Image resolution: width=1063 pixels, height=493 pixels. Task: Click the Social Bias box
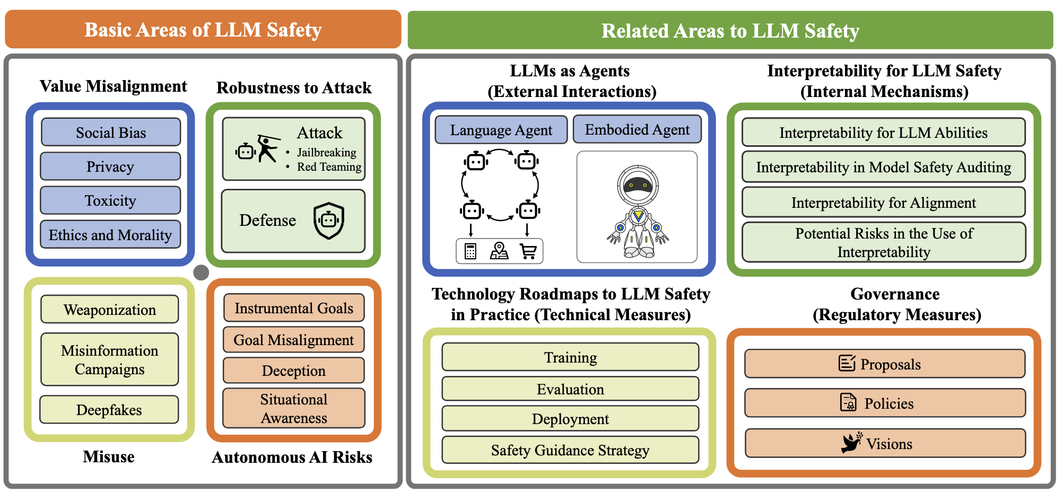pos(111,133)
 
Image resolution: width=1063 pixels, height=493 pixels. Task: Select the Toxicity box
pos(110,200)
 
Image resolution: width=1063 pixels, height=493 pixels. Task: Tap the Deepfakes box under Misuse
pos(109,410)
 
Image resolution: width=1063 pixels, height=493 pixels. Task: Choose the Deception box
pos(293,371)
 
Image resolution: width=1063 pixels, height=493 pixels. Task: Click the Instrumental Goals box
pos(293,308)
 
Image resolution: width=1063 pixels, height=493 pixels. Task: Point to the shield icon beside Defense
pos(329,221)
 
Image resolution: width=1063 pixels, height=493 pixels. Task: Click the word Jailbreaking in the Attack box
pos(326,153)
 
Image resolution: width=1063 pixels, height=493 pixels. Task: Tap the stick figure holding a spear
pos(267,149)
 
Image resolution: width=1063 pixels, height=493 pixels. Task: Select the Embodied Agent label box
pos(637,130)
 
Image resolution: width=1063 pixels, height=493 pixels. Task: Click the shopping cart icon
pos(528,251)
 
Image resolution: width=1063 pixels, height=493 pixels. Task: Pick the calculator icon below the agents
pos(470,251)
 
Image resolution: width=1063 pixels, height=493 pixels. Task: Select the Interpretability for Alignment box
pos(883,203)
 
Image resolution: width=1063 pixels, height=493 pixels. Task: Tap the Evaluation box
pos(570,389)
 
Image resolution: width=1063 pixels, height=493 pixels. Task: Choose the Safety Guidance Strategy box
pos(570,450)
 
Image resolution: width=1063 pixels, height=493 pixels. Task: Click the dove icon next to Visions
pos(851,443)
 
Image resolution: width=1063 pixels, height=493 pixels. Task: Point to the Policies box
pos(885,403)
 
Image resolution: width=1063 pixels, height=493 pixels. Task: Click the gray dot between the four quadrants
pos(201,272)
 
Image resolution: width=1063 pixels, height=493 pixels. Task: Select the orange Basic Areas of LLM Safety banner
pos(203,30)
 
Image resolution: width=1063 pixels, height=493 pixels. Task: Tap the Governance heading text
pos(895,294)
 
